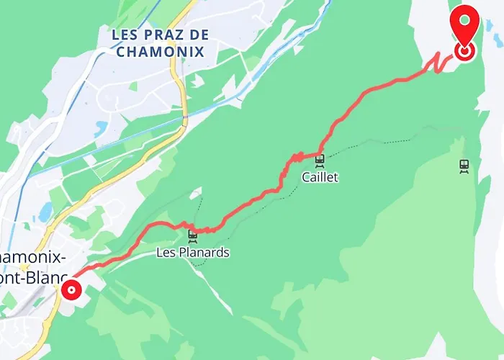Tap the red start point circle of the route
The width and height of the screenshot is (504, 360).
click(x=71, y=290)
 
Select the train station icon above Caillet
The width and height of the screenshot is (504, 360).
click(x=320, y=159)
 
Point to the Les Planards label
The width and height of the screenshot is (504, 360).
click(x=193, y=253)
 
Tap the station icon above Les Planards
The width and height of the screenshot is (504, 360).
click(x=192, y=235)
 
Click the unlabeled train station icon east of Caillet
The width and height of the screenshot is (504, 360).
click(x=464, y=165)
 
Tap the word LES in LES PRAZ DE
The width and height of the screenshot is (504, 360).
click(x=126, y=35)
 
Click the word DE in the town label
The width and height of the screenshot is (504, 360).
click(x=199, y=35)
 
